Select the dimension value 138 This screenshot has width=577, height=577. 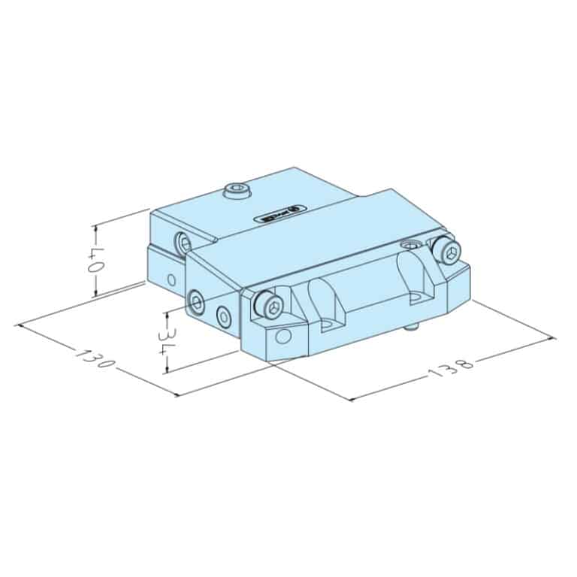(x=451, y=367)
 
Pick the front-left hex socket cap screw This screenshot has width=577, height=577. (x=271, y=304)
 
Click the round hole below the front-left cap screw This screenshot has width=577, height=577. (x=282, y=335)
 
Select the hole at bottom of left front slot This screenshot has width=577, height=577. (x=328, y=325)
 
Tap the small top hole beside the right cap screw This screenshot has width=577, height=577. (x=409, y=245)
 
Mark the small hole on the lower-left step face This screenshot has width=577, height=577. (x=171, y=280)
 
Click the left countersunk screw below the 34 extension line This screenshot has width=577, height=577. (x=197, y=304)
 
